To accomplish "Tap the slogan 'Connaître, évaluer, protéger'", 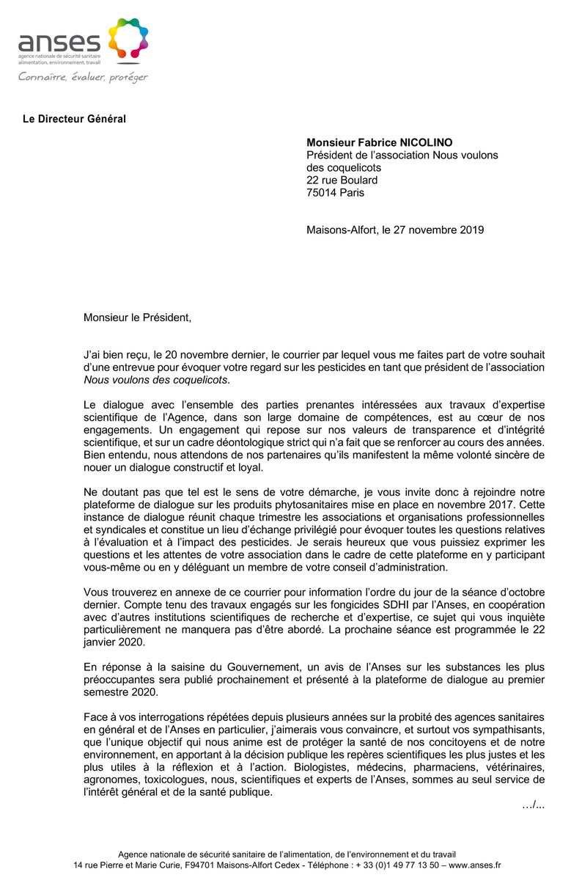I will pos(83,76).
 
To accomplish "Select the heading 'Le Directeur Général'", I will pos(74,119).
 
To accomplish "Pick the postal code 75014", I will pos(322,193).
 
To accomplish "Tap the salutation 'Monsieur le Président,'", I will pos(137,318).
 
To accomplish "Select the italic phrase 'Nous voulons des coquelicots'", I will pos(155,379).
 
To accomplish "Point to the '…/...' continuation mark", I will pos(533,805).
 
